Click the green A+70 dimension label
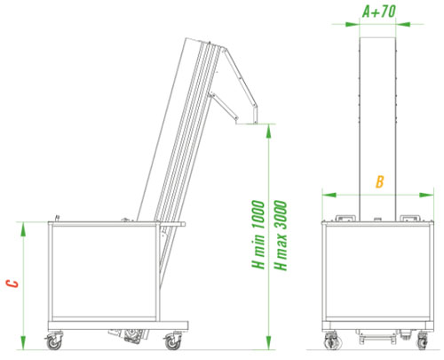point(379,12)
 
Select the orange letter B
point(378,183)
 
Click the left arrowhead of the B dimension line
point(325,193)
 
